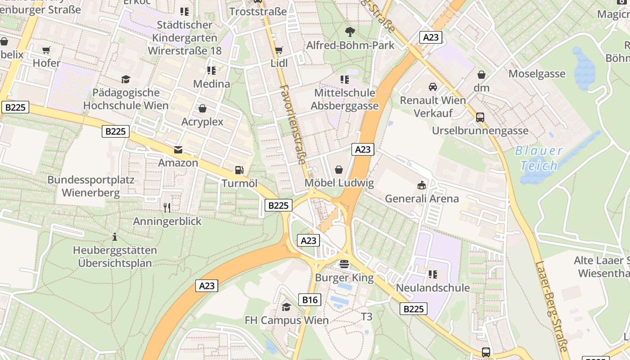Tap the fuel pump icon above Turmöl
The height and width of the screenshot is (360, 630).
point(239,170)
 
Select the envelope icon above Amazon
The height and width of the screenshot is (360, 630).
point(178,149)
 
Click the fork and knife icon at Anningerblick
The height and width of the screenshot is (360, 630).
point(167,207)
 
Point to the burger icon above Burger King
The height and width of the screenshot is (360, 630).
point(344,264)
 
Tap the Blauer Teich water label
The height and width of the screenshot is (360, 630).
point(539,158)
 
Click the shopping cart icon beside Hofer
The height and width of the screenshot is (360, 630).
point(46,50)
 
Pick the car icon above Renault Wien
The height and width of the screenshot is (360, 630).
point(432,86)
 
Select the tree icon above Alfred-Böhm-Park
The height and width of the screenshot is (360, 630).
point(350,31)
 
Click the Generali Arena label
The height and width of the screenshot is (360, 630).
point(422,198)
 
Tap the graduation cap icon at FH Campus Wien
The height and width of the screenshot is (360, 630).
point(286,307)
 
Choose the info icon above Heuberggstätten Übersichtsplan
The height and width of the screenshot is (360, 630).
point(115,237)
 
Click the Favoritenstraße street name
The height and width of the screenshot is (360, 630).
point(292,124)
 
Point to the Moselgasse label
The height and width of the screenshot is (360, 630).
point(536,74)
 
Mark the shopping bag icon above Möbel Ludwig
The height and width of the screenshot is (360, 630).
point(339,170)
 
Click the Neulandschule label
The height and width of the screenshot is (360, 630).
point(432,288)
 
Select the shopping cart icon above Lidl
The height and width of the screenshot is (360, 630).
point(279,50)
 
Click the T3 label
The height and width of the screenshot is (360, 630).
point(367,317)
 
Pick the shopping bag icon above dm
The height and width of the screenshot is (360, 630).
point(481,74)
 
